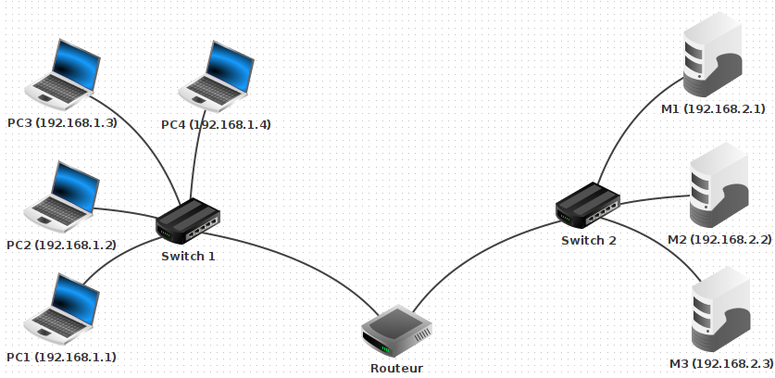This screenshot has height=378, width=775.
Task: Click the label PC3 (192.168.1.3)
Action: [x=61, y=122]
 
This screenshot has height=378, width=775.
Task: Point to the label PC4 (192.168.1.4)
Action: [x=216, y=124]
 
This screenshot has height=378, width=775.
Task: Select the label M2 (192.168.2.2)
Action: [x=719, y=239]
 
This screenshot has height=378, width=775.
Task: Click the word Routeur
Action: [x=396, y=368]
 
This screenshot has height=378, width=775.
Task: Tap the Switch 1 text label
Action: [x=188, y=255]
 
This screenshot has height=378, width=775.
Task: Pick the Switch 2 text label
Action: [x=588, y=240]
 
